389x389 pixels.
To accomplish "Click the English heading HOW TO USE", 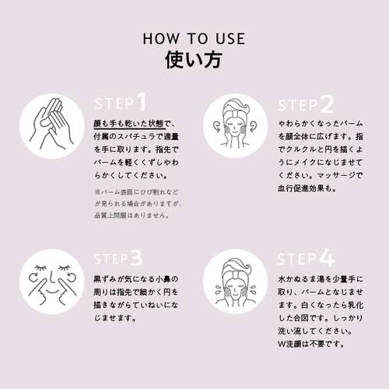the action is point(194,39).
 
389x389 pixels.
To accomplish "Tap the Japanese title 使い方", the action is point(194,60).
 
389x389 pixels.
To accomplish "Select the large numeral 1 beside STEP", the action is point(142,102).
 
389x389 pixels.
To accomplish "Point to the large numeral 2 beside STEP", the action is point(327,104).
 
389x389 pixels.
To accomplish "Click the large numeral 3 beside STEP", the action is point(136,258).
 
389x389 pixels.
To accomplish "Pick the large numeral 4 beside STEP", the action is point(327,258).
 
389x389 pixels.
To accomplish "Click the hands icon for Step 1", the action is point(52,126).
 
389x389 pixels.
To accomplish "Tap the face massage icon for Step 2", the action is point(235,126).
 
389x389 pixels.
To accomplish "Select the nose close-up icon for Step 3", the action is point(52,282).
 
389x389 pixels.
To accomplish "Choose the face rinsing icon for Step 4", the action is point(235,282).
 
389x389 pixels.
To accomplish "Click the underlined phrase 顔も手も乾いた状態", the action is point(129,124).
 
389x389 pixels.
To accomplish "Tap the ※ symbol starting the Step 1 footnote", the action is point(97,192).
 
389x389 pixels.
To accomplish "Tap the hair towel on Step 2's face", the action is point(236,109).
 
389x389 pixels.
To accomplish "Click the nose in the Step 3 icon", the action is point(51,277).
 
